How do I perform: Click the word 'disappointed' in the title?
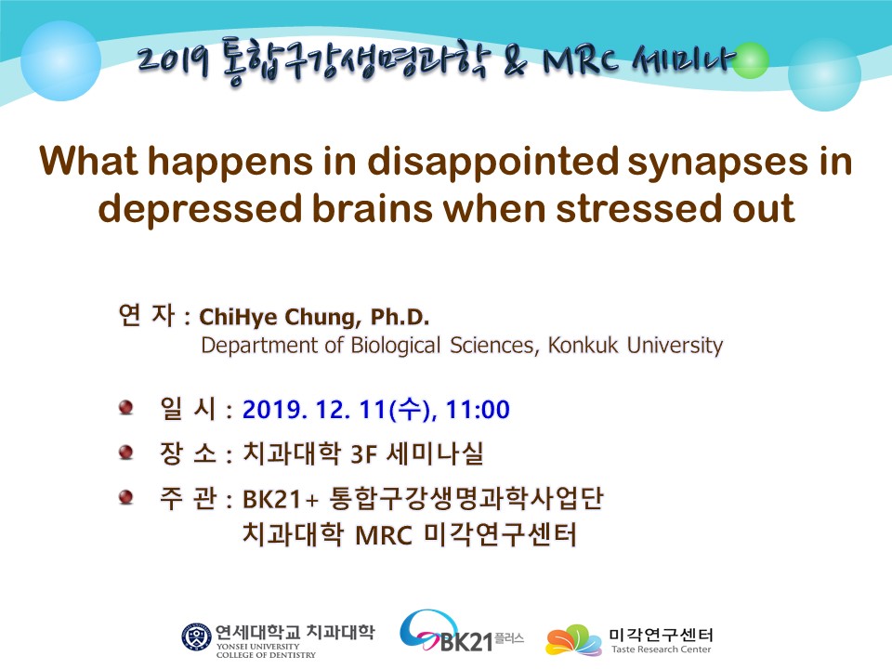pyautogui.click(x=492, y=161)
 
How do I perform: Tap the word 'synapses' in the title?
pyautogui.click(x=718, y=162)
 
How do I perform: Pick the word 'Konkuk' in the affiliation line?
pyautogui.click(x=583, y=346)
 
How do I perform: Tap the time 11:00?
pyautogui.click(x=478, y=410)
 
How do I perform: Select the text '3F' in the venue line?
pyautogui.click(x=364, y=454)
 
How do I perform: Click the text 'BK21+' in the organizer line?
pyautogui.click(x=281, y=500)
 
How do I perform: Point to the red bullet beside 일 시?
pyautogui.click(x=125, y=407)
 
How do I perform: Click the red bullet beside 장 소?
pyautogui.click(x=125, y=453)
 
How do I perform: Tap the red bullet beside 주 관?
pyautogui.click(x=125, y=497)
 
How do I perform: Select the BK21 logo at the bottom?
pyautogui.click(x=461, y=632)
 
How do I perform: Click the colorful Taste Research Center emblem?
pyautogui.click(x=573, y=640)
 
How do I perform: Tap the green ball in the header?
pyautogui.click(x=751, y=59)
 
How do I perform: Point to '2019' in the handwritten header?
pyautogui.click(x=174, y=59)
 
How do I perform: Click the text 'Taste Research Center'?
pyautogui.click(x=661, y=649)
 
